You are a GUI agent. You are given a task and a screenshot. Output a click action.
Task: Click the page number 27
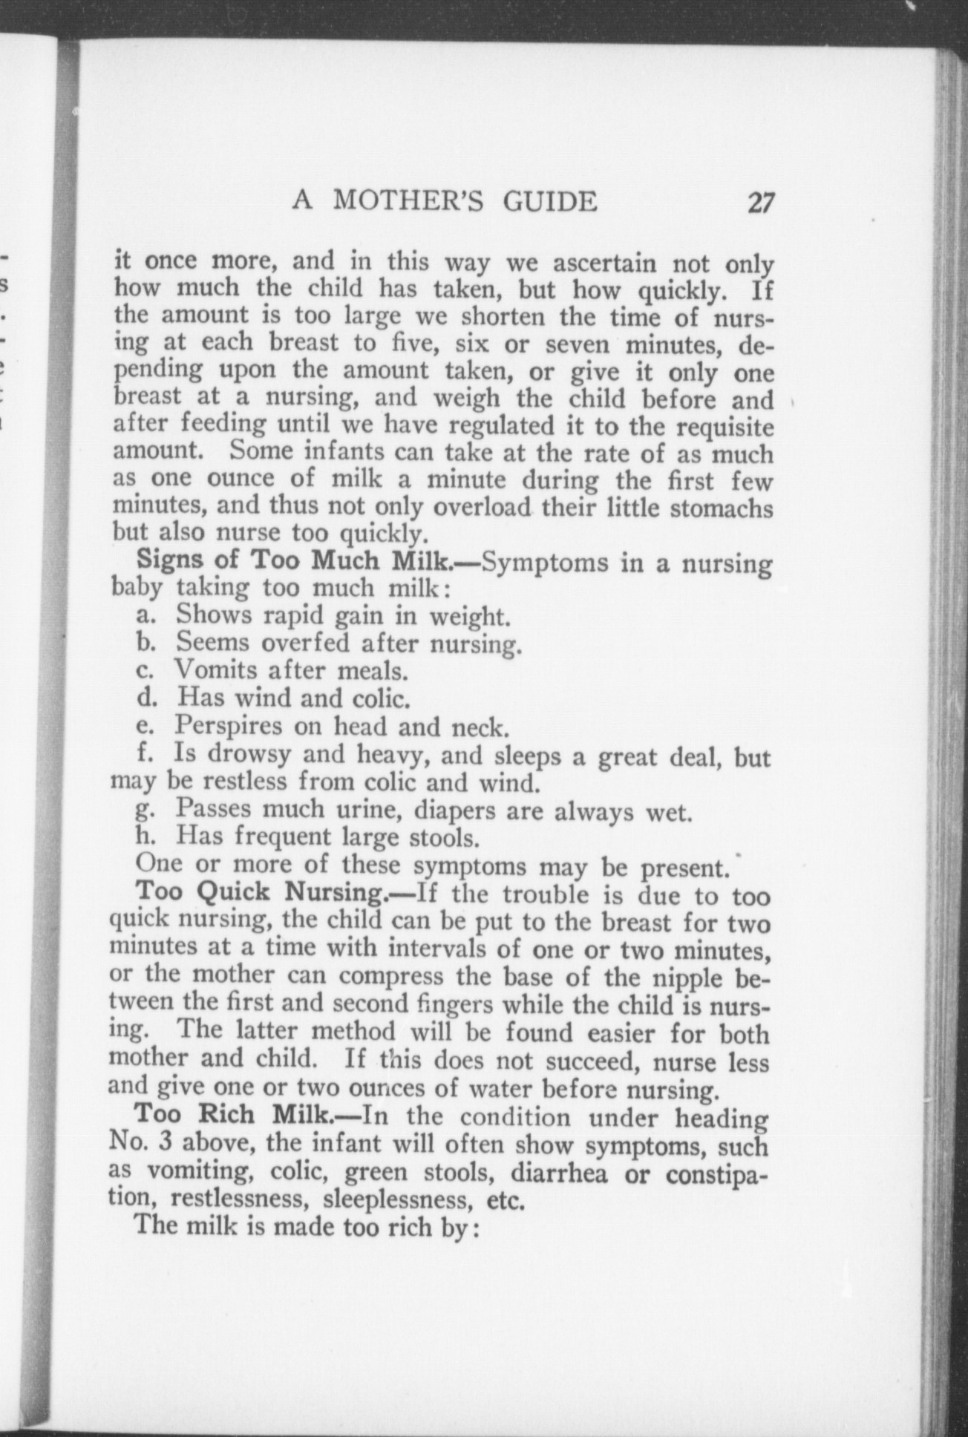[x=761, y=203]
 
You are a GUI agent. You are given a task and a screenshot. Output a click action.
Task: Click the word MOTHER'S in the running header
[x=411, y=201]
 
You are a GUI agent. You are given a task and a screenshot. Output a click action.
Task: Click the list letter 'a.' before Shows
[x=145, y=615]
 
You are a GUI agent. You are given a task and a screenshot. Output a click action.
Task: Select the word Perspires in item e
[x=229, y=726]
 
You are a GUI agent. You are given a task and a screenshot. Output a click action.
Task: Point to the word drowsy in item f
[x=252, y=754]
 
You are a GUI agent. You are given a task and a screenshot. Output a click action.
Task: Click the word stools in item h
[x=444, y=838]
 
